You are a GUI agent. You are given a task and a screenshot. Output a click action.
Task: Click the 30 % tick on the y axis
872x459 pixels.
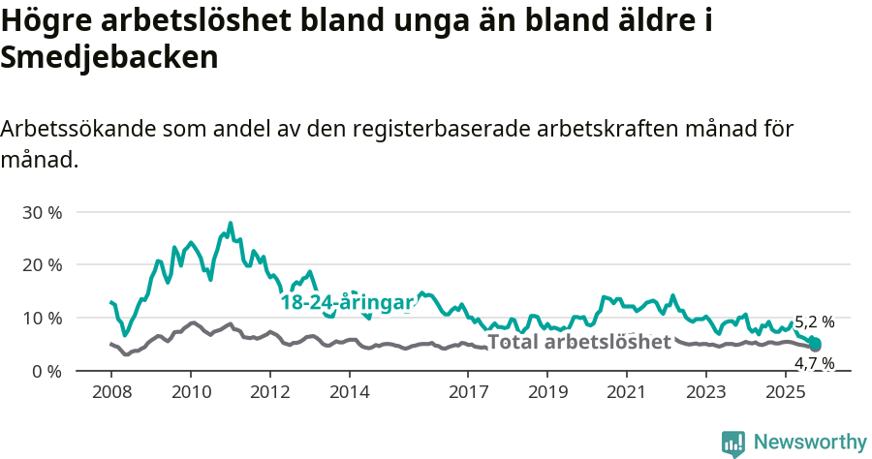click(x=41, y=212)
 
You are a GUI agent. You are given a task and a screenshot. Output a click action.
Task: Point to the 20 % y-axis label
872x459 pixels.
click(x=41, y=265)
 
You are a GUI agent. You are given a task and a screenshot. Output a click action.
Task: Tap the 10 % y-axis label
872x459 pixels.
click(x=41, y=319)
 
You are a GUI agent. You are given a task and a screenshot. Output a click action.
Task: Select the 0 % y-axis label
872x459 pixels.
click(x=46, y=372)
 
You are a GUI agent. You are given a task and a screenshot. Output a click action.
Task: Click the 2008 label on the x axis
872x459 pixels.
click(x=110, y=393)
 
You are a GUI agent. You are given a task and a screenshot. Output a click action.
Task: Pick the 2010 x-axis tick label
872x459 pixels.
click(x=190, y=393)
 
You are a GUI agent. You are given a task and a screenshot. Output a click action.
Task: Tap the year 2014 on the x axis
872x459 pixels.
click(x=349, y=393)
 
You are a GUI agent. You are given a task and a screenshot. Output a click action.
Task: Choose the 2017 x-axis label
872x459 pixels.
click(x=468, y=393)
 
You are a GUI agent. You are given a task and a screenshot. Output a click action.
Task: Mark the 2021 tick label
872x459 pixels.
click(x=626, y=393)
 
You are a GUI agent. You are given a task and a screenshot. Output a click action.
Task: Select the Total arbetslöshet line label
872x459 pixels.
click(x=578, y=342)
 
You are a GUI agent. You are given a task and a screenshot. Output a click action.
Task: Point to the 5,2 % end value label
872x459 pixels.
click(x=814, y=322)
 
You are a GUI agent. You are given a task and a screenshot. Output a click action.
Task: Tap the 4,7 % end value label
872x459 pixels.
click(x=814, y=364)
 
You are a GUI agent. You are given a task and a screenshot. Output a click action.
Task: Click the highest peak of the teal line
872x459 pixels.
click(x=231, y=224)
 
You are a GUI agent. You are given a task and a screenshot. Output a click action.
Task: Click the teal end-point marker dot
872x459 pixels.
click(x=815, y=344)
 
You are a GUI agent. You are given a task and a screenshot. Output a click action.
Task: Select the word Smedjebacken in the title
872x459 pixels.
click(x=109, y=58)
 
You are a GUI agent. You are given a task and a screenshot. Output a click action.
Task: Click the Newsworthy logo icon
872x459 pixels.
click(x=733, y=444)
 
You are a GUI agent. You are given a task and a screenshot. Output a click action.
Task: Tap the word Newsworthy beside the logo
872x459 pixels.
click(x=810, y=443)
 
